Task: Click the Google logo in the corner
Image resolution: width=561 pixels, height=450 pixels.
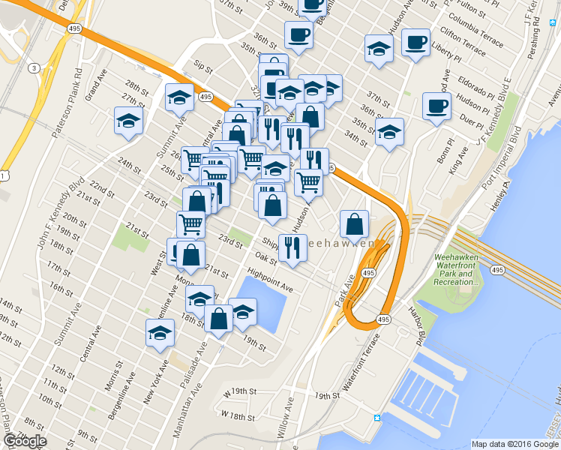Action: pos(25,441)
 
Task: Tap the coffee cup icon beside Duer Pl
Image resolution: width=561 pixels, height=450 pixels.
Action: pos(436,106)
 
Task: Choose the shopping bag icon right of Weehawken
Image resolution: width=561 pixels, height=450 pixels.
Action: pos(354,223)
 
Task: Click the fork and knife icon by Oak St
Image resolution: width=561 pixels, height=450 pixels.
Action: pos(292,247)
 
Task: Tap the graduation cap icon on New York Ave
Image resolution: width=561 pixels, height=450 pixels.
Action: pos(160,334)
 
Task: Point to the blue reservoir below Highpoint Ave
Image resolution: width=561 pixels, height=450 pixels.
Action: pos(262,303)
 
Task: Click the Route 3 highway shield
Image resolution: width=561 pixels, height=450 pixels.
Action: pos(34,68)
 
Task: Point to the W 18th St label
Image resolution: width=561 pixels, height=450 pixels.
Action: pos(238,414)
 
